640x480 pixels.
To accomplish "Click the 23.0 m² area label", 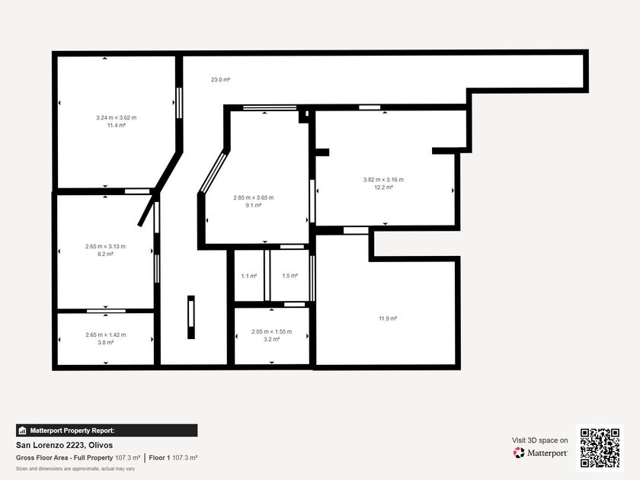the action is pos(220,79).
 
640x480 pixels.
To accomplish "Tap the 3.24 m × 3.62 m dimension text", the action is pos(117,117).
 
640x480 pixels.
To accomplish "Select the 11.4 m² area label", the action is pos(117,125).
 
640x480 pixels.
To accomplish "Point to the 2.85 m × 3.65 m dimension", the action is pos(254,197).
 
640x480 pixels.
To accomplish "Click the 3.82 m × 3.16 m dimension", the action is pos(384,180).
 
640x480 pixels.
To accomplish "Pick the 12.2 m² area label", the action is pos(384,187).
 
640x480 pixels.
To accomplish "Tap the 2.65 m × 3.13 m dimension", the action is pos(105,247).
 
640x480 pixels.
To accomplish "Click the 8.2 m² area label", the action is pos(105,254).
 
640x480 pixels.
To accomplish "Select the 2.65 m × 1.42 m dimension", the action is pos(106,334).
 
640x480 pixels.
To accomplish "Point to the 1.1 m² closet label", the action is pos(249,276).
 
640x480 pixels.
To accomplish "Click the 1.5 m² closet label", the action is pos(290,276).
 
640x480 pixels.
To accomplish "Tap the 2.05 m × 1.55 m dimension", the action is pos(272,331).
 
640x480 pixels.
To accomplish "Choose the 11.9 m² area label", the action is pos(388,318).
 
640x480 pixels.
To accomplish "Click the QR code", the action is pos(600,448).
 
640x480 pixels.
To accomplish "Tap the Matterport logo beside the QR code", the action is pos(540,453).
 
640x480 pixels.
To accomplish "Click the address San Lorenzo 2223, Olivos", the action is pos(65,445).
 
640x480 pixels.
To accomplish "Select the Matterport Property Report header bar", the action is pos(107,430).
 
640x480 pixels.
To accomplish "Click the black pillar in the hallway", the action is pos(191,317).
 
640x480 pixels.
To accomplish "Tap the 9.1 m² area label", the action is pos(254,205).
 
